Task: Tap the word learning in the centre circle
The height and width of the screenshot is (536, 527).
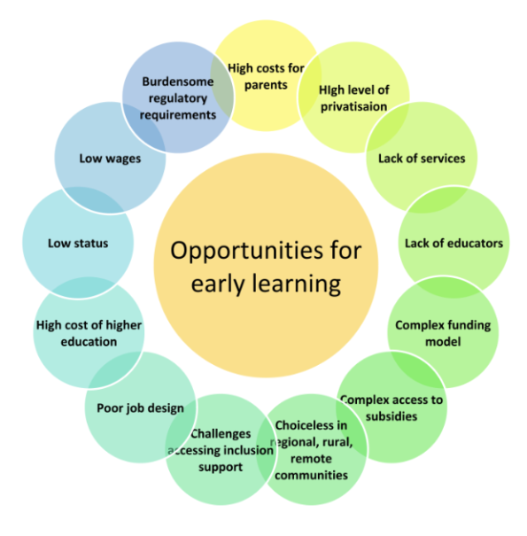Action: coord(297,284)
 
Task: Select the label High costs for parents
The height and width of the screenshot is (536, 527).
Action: coord(266,76)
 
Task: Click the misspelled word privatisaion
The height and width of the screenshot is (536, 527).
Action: coord(353,107)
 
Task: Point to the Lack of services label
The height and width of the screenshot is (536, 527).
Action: coord(422,159)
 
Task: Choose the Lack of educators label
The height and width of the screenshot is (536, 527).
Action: coord(453,244)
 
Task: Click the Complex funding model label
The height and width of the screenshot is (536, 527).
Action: coord(443,333)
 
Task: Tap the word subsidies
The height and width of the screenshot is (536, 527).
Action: coord(391,416)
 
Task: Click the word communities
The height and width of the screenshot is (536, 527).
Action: coord(311,475)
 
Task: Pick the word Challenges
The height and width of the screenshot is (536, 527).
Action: coord(221,434)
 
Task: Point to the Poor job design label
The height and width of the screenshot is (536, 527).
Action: coord(140,408)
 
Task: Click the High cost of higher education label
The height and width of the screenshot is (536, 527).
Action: coord(89,333)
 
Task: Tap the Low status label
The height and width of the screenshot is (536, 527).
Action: coord(78,244)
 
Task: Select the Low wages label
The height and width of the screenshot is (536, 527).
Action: coord(110,159)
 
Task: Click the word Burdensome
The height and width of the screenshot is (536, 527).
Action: coord(178,82)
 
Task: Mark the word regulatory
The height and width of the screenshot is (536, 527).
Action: coord(178,99)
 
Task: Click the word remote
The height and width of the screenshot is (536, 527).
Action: coord(311,459)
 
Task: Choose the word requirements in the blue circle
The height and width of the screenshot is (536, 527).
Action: coord(178,115)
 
